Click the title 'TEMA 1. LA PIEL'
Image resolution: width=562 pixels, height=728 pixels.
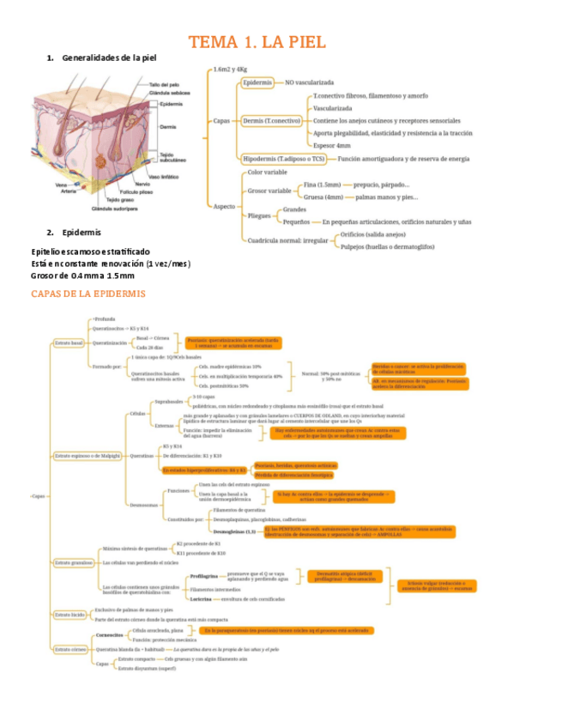click(257, 42)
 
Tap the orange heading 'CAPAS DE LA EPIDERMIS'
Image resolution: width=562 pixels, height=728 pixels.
click(88, 294)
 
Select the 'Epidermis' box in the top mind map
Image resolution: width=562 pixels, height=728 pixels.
click(257, 82)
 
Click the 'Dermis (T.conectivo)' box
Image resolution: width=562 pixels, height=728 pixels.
click(272, 121)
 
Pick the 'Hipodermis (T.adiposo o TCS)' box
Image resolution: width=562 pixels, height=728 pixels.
click(284, 159)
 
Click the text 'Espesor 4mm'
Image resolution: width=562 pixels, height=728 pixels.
click(332, 146)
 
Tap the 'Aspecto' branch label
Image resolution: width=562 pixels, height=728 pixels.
click(224, 207)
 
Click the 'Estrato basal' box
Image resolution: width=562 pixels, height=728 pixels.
click(69, 343)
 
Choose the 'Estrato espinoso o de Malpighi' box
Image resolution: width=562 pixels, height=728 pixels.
click(88, 455)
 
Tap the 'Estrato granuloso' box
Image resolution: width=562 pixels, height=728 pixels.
click(73, 562)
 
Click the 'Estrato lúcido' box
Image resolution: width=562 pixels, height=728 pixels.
click(69, 615)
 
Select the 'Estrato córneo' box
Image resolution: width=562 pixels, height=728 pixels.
click(70, 649)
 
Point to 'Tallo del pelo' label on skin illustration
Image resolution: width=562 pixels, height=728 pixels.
click(164, 85)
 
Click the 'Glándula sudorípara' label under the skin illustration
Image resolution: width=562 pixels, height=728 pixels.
click(116, 209)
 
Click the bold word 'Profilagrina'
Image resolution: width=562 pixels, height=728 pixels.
click(204, 576)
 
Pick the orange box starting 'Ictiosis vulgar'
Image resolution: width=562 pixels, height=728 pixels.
click(436, 585)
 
